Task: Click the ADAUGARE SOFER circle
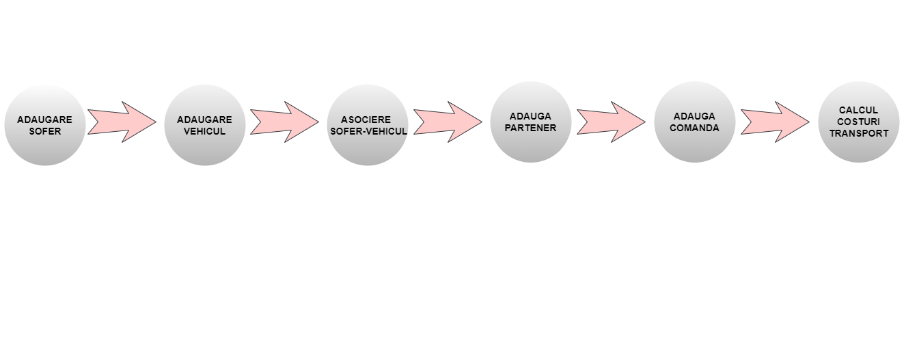[44, 125]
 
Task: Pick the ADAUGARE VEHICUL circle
[204, 125]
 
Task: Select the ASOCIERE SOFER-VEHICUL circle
[368, 125]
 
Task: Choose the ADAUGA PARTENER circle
[531, 122]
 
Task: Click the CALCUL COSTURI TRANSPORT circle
[858, 122]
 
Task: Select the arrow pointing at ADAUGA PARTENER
[448, 122]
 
